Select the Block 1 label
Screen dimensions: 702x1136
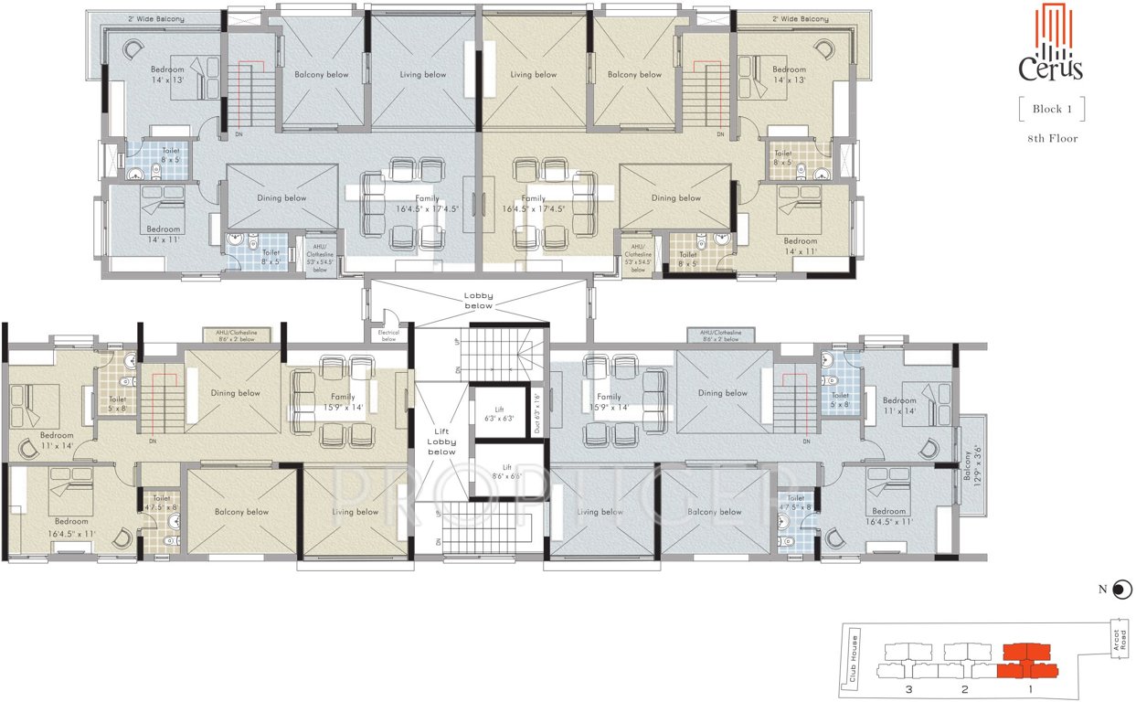[x=1051, y=109]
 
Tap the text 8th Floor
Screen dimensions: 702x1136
[x=1051, y=139]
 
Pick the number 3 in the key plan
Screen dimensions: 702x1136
[x=908, y=688]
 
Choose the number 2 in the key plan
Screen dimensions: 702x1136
[x=963, y=688]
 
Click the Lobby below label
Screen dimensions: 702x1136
[x=478, y=301]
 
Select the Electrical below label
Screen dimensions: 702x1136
[x=388, y=335]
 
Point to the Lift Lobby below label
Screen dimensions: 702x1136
[x=441, y=442]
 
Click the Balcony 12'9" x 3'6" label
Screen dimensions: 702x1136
[x=971, y=463]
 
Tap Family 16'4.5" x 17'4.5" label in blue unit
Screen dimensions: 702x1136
[x=428, y=203]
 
